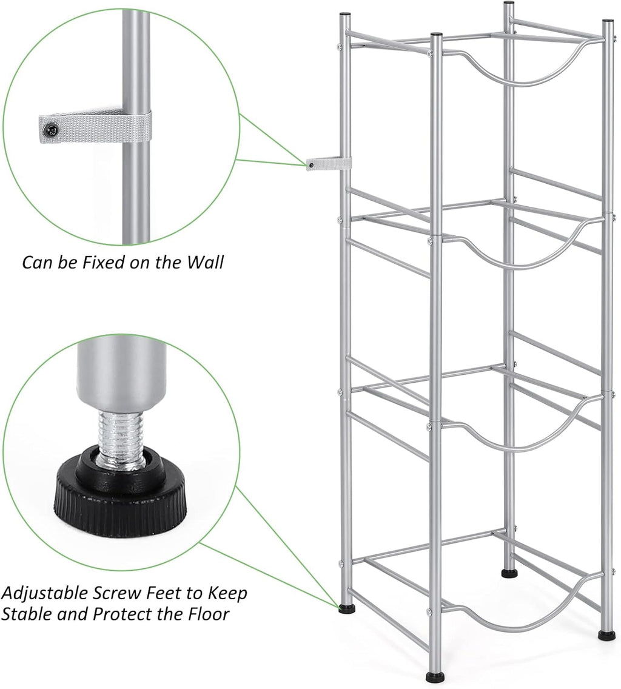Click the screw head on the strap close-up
point(52,128)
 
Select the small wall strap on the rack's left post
point(327,164)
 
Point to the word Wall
point(205,263)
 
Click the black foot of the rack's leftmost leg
point(346,608)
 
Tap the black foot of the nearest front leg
point(434,676)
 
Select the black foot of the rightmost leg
point(606,635)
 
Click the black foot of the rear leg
point(509,572)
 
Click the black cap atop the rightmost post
point(607,22)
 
